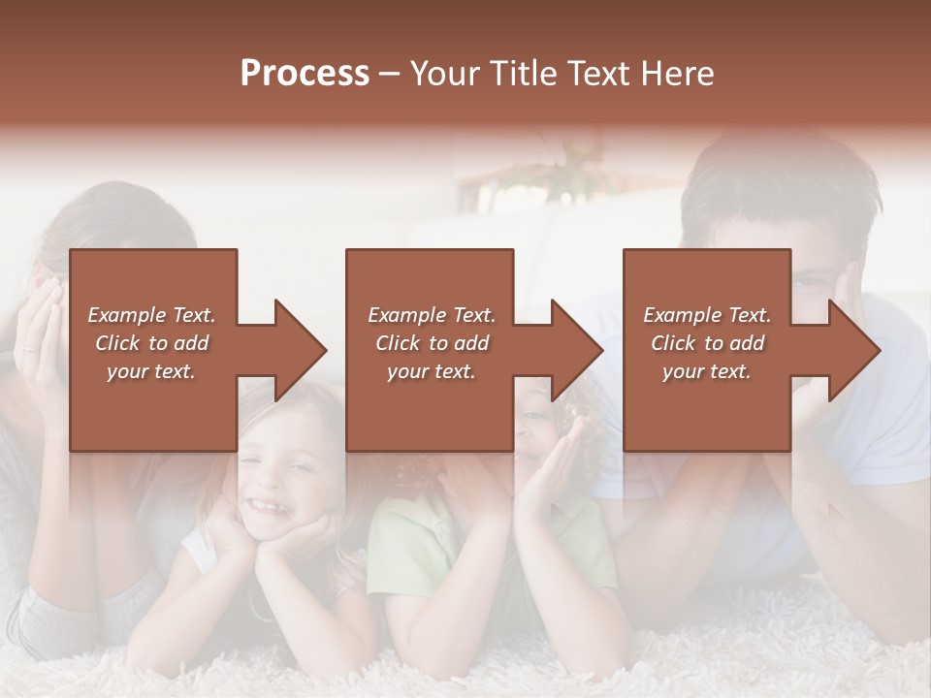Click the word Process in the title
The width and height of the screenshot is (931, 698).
(x=305, y=74)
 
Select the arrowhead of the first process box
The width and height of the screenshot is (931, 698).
(x=302, y=350)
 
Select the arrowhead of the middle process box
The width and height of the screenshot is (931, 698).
(x=578, y=350)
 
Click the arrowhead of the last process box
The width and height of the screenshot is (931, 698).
(x=855, y=350)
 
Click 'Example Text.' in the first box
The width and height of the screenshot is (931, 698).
(x=151, y=315)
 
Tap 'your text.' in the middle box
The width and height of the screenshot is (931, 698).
(x=431, y=372)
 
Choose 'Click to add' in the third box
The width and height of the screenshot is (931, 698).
(x=707, y=343)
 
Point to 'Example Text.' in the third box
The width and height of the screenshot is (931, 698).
(x=707, y=315)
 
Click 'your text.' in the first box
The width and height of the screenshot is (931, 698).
(x=151, y=372)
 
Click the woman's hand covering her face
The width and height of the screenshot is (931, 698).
(x=39, y=330)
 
